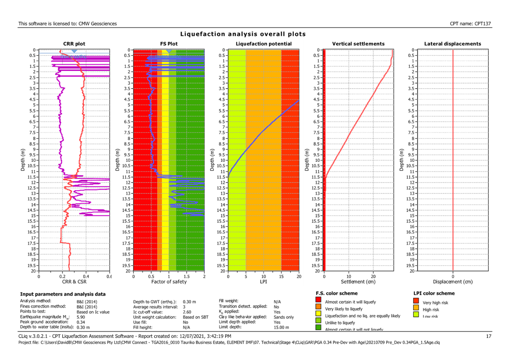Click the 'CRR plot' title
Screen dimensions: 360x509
(74, 44)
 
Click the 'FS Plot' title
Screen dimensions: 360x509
(168, 44)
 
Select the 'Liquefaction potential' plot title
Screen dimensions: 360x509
(263, 44)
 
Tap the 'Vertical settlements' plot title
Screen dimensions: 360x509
(358, 44)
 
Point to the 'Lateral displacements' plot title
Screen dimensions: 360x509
(452, 44)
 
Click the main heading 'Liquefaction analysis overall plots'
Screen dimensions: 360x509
(243, 34)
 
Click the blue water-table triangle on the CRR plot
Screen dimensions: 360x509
(74, 52)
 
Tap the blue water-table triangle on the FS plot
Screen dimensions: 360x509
(168, 52)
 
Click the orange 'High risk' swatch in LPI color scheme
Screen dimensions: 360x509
(416, 309)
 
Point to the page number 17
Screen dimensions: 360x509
(489, 337)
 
